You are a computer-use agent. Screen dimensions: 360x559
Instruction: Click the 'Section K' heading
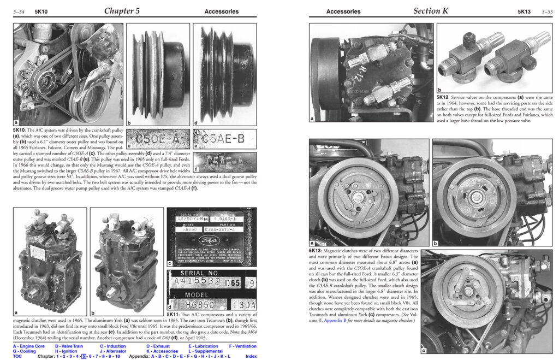[431, 10]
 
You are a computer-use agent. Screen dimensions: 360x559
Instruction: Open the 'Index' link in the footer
[251, 356]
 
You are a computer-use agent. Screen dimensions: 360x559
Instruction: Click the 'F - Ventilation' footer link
[242, 346]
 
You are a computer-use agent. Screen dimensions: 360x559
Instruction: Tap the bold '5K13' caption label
[317, 250]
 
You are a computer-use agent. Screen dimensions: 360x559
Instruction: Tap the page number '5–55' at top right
[548, 11]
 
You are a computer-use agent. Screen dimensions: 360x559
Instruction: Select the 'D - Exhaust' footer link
[161, 346]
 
